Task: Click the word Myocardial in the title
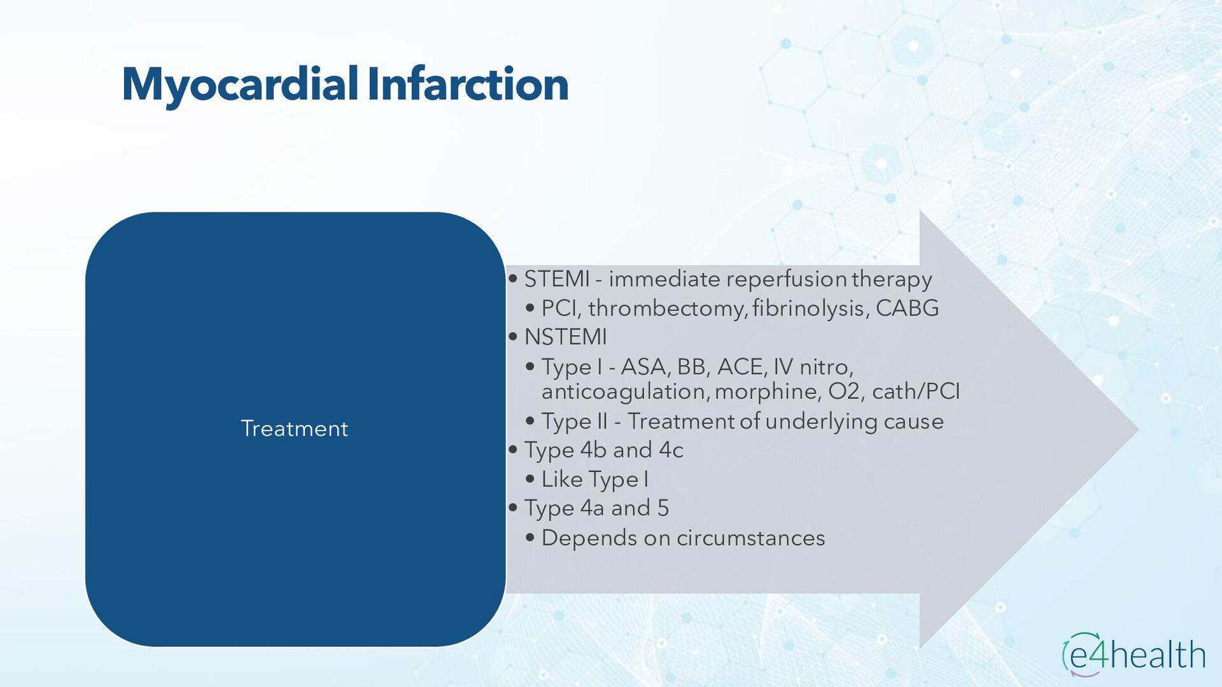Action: pos(241,85)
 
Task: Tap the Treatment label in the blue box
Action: pos(294,429)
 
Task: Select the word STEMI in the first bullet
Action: pos(557,279)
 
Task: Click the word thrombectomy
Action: pos(667,309)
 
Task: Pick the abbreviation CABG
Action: pos(907,308)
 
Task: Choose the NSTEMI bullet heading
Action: pos(565,337)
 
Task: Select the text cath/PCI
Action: pos(916,391)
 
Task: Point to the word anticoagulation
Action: pos(625,392)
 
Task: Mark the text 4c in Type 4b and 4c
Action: pos(671,450)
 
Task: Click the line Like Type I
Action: pos(594,480)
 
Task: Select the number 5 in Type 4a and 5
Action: pos(663,508)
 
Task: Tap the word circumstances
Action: pos(750,538)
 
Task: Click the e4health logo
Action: pos(1134,654)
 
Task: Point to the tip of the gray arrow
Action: pos(1138,429)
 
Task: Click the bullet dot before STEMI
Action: pos(513,279)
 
